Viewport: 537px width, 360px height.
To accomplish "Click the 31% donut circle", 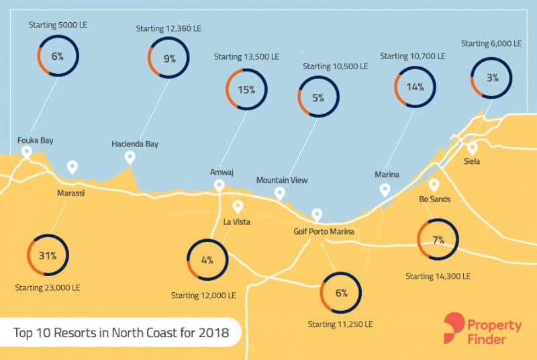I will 47,255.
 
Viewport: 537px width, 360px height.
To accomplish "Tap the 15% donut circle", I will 246,89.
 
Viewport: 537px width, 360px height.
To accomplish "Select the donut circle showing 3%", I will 492,77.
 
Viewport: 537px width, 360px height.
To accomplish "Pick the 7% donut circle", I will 438,240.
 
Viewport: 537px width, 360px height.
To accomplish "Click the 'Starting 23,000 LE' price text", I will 47,287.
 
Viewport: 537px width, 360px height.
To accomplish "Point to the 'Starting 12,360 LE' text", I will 168,29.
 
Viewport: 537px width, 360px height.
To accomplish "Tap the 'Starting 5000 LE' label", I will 58,24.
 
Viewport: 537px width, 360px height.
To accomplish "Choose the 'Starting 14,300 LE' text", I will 438,276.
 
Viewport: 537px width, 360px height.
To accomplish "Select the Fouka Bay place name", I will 36,140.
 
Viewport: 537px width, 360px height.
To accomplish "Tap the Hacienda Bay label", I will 135,144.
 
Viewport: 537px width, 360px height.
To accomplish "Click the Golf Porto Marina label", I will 324,232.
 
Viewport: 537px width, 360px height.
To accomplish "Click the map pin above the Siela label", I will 473,147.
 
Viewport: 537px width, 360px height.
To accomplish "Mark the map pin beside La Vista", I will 237,206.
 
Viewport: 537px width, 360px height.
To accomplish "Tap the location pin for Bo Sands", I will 434,184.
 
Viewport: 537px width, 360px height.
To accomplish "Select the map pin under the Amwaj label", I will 218,185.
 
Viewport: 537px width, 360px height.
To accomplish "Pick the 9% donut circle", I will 168,58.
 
